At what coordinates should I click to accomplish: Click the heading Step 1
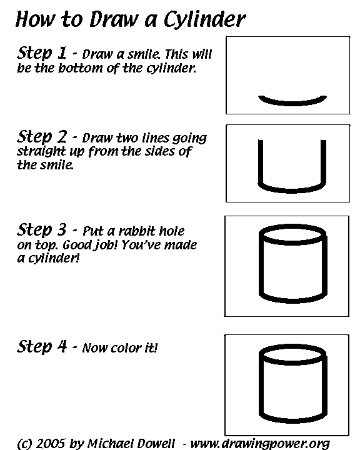click(x=43, y=52)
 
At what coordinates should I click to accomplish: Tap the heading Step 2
click(x=43, y=136)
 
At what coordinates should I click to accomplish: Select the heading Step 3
click(x=43, y=230)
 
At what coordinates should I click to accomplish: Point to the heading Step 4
click(x=43, y=346)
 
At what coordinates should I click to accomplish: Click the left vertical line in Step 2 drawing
click(x=260, y=162)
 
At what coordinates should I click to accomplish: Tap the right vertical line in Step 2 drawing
click(x=324, y=162)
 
